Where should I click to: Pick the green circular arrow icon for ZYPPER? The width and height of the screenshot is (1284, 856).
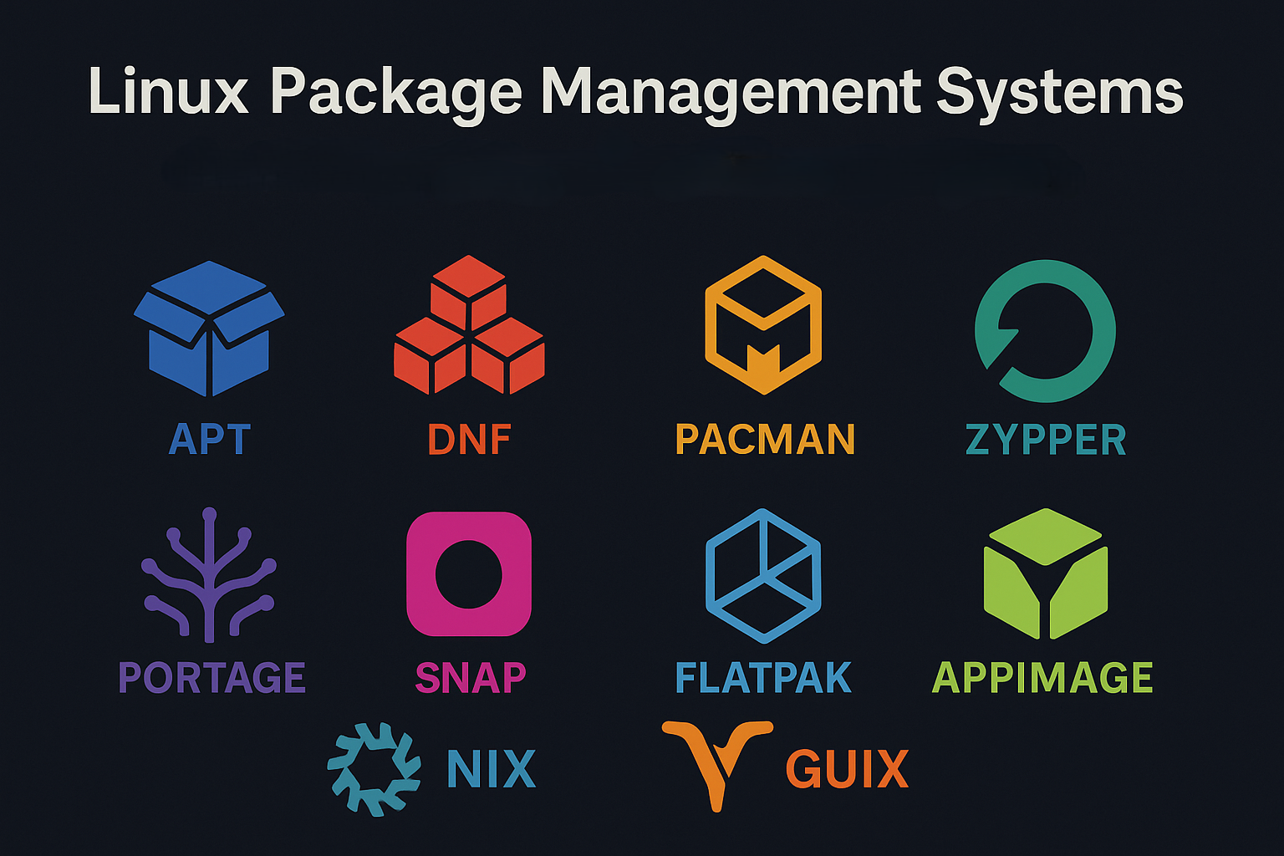(1045, 330)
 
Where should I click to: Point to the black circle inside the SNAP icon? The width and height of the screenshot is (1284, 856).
(469, 574)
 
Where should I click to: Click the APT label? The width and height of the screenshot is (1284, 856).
(209, 440)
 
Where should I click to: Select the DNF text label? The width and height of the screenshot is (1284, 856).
(469, 440)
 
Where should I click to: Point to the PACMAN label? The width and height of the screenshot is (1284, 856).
(764, 440)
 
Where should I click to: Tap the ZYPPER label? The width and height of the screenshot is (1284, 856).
(1045, 440)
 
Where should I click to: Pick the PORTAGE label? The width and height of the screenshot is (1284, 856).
(211, 678)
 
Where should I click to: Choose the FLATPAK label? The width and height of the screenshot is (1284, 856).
(762, 678)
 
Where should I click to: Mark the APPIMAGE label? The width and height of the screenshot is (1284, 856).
(1042, 678)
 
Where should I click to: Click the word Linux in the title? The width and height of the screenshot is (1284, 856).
(168, 91)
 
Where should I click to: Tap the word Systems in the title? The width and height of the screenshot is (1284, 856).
(1059, 93)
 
